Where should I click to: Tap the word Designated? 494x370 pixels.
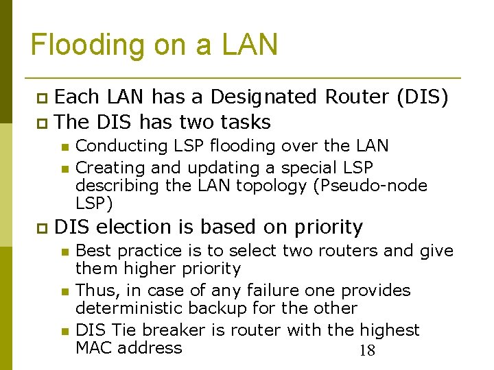(263, 97)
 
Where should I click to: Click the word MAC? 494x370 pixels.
(94, 348)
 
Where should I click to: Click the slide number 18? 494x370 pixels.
(367, 351)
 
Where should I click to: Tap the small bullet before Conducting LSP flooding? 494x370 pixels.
(64, 147)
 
